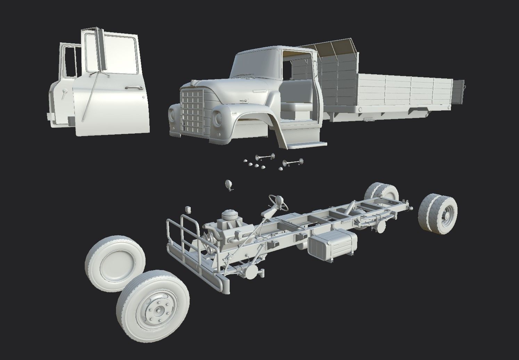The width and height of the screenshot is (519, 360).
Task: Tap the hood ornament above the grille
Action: [x=193, y=83]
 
